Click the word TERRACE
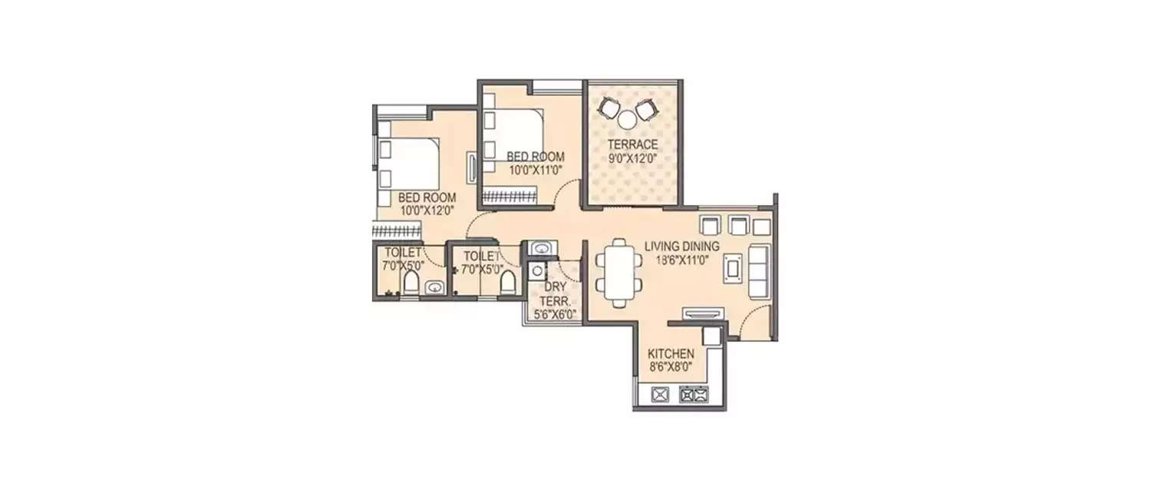633,144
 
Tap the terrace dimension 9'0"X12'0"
633,159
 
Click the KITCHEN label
671,354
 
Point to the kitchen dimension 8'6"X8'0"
671,368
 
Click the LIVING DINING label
681,247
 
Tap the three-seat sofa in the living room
760,272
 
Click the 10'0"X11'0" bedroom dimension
535,170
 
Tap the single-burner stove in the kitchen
660,396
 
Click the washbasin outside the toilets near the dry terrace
542,248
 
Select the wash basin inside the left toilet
434,288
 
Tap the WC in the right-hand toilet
506,284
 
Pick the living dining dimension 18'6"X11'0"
681,260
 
